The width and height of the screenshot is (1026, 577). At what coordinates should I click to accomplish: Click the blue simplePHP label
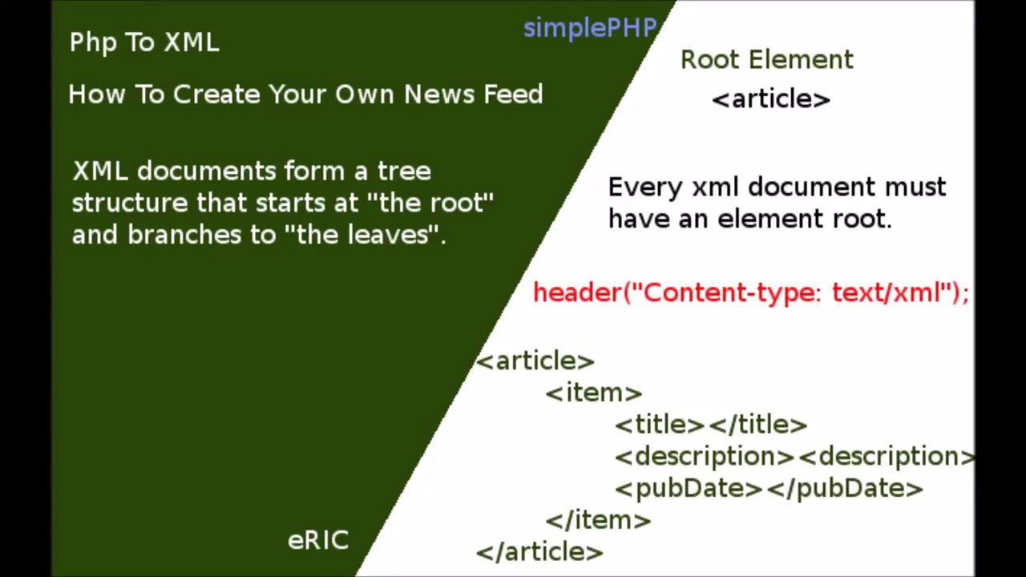[590, 29]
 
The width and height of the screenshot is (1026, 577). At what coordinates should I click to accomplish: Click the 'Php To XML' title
[144, 42]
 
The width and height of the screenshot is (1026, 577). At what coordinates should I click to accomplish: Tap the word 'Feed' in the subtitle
[513, 95]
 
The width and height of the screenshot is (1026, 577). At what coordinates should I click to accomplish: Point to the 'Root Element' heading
[767, 60]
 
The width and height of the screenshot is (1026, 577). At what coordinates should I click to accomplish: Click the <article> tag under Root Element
[771, 99]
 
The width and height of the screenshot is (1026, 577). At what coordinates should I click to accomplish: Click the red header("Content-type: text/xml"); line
[751, 293]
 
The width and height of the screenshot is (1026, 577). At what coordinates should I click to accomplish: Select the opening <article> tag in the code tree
[535, 361]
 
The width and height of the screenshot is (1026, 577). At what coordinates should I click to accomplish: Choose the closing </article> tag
[539, 552]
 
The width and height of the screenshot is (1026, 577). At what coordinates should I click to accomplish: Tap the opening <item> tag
[594, 393]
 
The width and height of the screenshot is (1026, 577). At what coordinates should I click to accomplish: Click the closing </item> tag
[598, 520]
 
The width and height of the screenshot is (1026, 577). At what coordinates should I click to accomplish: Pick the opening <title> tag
[659, 425]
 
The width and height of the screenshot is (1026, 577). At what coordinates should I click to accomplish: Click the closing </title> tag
[758, 425]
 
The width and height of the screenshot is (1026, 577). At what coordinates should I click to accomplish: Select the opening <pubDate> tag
[689, 488]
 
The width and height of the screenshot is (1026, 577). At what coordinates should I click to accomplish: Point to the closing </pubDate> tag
[846, 488]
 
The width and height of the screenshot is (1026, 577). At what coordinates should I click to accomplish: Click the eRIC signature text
[318, 540]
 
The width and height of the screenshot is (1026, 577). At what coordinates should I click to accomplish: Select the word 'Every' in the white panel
[644, 188]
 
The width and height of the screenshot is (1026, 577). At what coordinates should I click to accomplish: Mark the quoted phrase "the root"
[430, 203]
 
